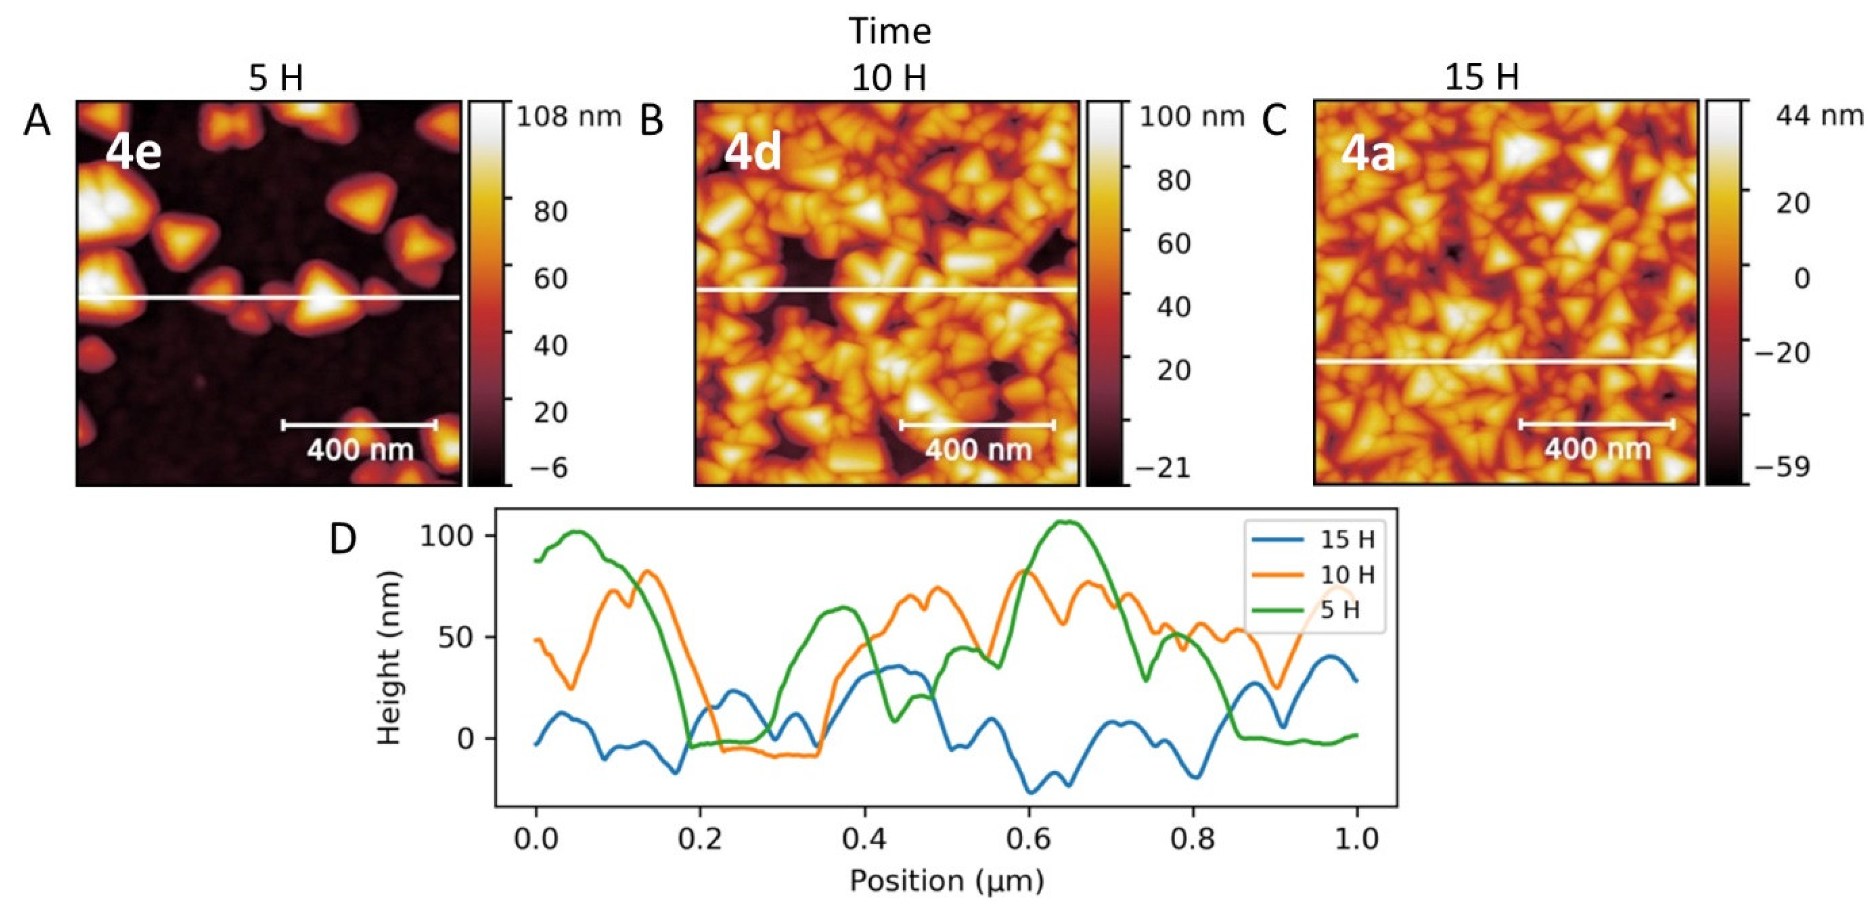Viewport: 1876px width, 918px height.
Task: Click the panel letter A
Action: point(36,120)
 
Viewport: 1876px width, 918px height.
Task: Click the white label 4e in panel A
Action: point(133,153)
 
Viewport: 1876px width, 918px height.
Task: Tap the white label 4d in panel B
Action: point(752,153)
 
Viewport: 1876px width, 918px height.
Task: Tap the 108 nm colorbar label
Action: point(568,117)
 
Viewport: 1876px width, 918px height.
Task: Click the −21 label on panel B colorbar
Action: point(1162,467)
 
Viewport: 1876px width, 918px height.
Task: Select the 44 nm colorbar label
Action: point(1819,115)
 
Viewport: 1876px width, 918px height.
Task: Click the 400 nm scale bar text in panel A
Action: point(360,450)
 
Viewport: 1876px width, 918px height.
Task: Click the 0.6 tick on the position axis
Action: point(1028,839)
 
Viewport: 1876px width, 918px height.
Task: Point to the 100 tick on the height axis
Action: point(446,536)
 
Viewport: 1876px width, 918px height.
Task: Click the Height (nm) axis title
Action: point(390,658)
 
